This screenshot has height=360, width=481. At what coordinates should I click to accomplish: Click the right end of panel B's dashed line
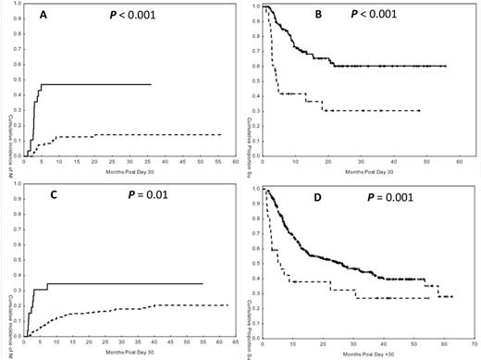420,111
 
